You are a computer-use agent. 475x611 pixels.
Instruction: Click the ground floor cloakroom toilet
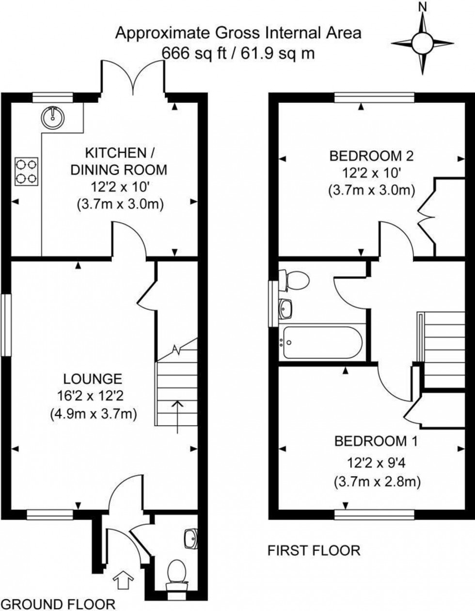pyautogui.click(x=175, y=575)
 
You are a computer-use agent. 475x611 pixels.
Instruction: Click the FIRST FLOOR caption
pyautogui.click(x=314, y=550)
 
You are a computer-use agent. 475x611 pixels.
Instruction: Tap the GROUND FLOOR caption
pyautogui.click(x=58, y=604)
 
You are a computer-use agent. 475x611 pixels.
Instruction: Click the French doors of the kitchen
pyautogui.click(x=134, y=78)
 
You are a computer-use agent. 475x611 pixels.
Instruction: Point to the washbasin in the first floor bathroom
pyautogui.click(x=286, y=308)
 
